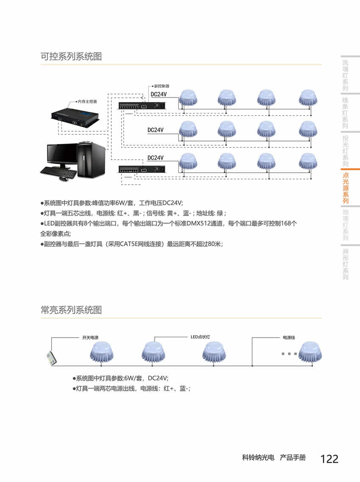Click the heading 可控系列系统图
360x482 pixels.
(71, 57)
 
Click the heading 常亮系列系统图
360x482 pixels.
(71, 310)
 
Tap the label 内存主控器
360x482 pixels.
(87, 102)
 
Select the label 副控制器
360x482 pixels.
(162, 86)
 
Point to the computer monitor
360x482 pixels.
(62, 155)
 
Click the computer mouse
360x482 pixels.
(64, 179)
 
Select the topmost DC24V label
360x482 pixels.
(159, 94)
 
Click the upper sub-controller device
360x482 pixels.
(142, 105)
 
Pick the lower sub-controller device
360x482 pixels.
(142, 169)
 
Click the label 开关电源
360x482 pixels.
(90, 338)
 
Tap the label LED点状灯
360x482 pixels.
(200, 337)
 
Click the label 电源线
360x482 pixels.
(289, 338)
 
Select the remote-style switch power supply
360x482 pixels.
(52, 358)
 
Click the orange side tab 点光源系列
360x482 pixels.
(346, 188)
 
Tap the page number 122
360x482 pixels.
(329, 459)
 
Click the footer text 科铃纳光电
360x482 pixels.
(258, 458)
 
